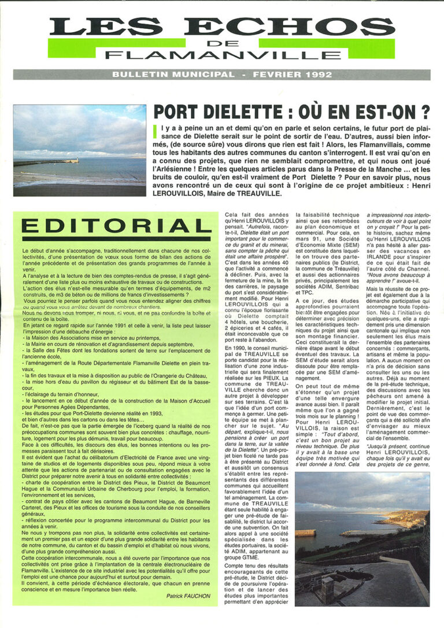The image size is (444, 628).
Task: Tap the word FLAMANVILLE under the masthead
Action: click(x=222, y=55)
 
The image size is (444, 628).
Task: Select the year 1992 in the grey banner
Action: click(x=320, y=75)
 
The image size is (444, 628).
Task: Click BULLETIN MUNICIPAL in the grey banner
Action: click(x=172, y=75)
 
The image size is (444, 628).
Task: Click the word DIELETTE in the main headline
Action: click(x=247, y=110)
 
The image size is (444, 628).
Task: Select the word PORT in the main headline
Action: click(x=176, y=110)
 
